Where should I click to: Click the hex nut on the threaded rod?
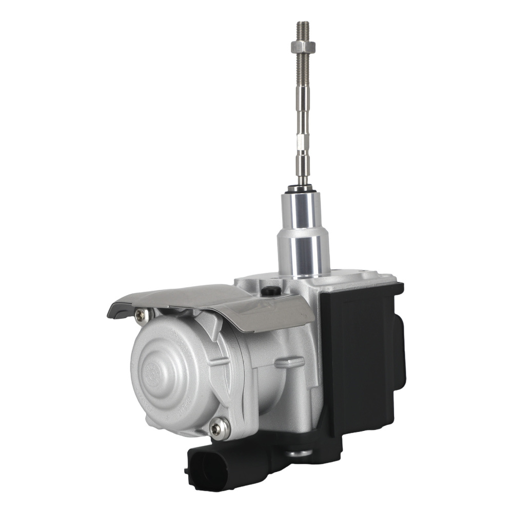(x=302, y=48)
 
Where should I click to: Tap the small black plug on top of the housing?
(x=271, y=291)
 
